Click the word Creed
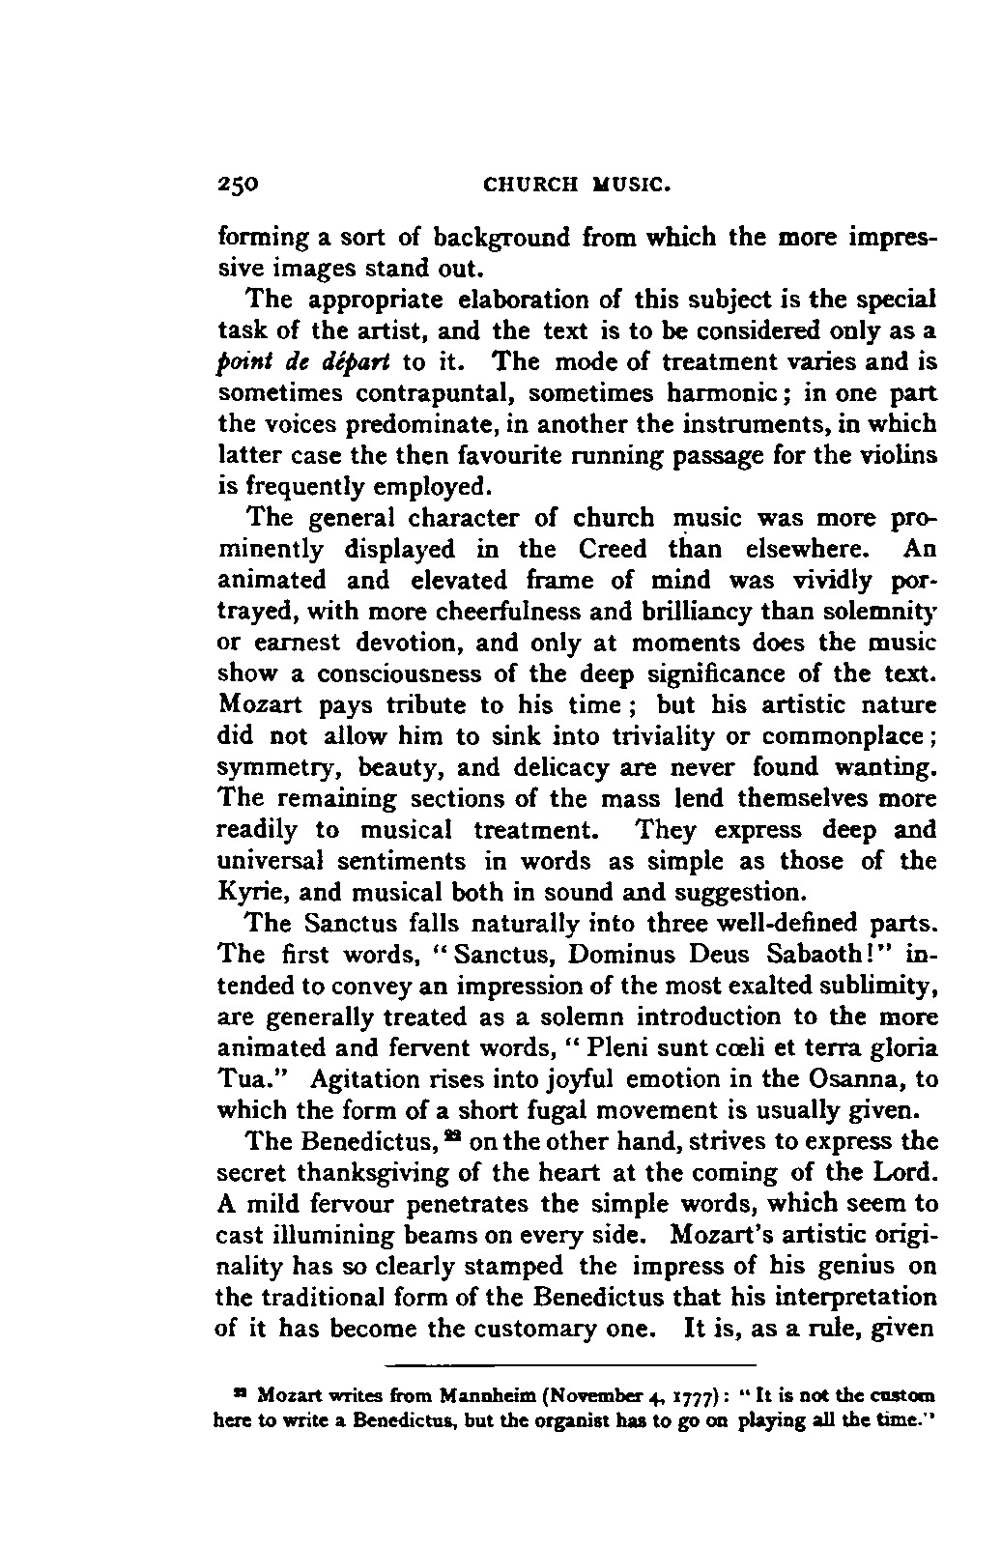(613, 549)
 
